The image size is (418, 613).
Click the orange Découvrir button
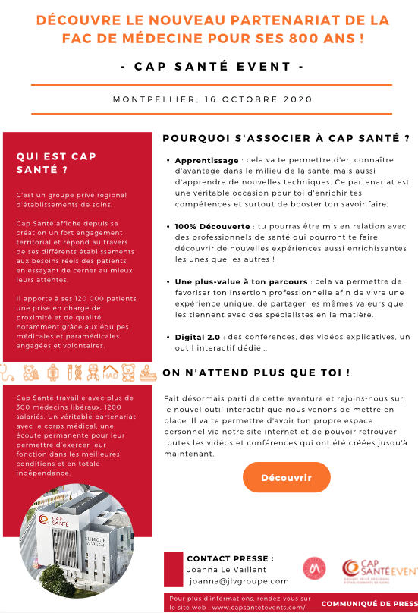coord(287,477)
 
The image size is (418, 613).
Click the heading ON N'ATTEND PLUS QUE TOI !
coord(256,373)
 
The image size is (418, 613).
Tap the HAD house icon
coord(110,373)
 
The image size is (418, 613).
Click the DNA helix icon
coord(73,373)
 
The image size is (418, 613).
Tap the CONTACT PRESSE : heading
coord(230,558)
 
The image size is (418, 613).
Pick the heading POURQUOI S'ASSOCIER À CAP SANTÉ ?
coord(287,138)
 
